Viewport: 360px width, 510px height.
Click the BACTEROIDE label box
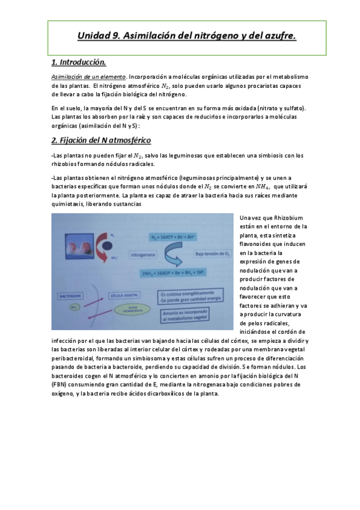coord(70,296)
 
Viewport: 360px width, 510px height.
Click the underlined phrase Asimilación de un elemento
coord(88,77)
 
